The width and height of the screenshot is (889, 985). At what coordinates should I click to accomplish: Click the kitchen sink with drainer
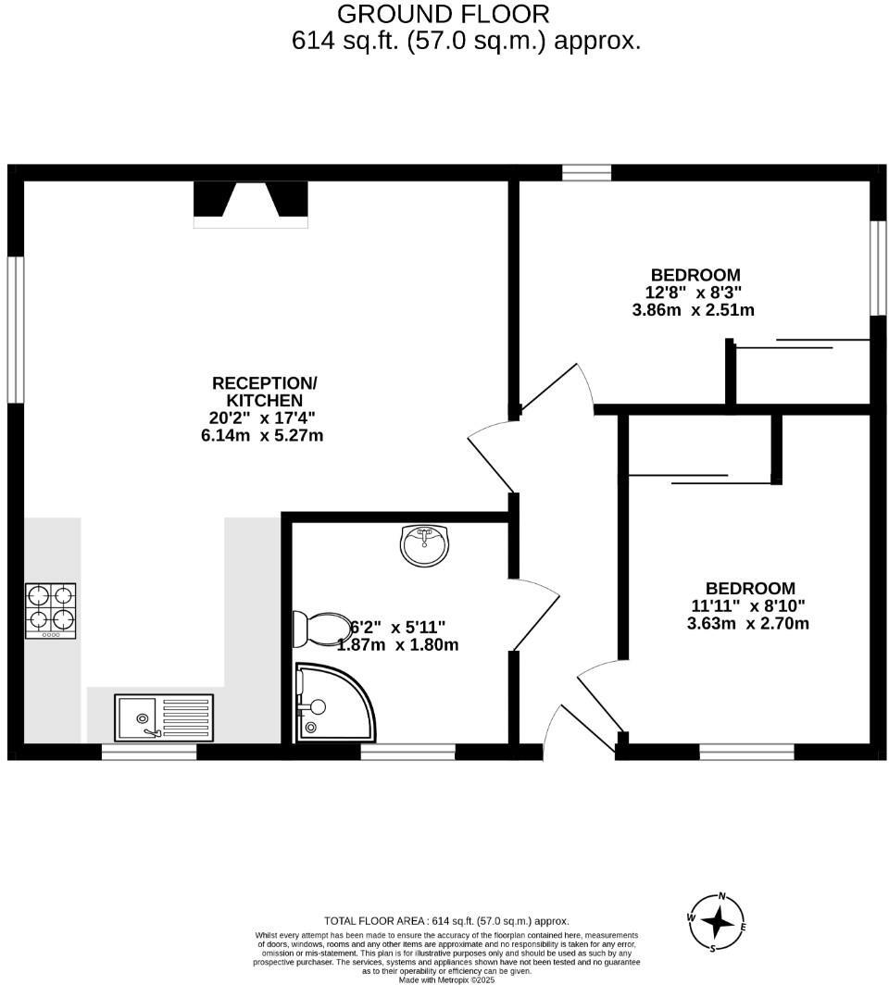pos(165,717)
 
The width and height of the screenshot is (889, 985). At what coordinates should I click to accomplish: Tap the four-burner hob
pos(51,610)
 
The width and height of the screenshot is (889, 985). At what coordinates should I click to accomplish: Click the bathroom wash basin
pos(425,544)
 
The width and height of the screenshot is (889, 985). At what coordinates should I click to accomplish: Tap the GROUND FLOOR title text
pos(443,14)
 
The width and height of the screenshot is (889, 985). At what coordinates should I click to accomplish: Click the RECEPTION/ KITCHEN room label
pos(264,392)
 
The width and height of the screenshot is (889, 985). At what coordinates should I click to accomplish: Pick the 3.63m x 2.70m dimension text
pos(748,623)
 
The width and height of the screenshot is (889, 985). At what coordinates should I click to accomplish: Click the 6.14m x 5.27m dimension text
pos(262,435)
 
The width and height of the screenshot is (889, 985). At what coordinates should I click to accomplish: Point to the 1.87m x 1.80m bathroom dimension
pos(398,645)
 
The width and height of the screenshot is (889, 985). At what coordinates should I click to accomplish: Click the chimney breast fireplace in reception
pos(250,204)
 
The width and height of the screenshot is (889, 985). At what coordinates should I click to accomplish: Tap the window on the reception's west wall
pos(15,330)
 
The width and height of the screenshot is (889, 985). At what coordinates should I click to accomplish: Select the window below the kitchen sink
pos(149,753)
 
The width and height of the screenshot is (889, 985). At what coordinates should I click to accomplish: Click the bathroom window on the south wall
pos(407,753)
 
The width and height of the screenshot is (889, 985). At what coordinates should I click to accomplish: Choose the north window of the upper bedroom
pos(586,172)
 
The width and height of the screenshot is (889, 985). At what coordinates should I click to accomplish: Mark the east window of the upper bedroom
pos(878,268)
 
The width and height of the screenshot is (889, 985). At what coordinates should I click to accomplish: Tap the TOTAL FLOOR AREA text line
pos(446,921)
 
